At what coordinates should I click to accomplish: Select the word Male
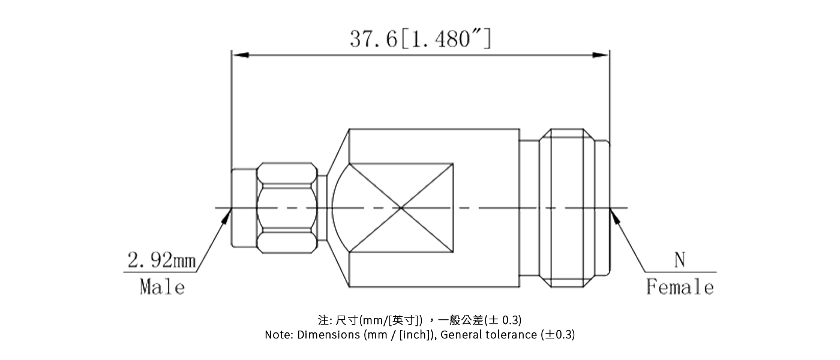(x=162, y=287)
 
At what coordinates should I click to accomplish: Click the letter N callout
(x=679, y=260)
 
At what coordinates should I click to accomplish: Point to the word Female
(x=680, y=287)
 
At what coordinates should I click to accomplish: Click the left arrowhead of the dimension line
(x=240, y=55)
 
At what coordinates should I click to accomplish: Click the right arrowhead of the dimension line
(x=601, y=55)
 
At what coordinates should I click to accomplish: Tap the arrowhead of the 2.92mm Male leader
(x=229, y=213)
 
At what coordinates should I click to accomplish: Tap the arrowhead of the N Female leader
(x=614, y=214)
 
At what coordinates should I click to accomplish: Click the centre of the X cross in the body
(x=401, y=208)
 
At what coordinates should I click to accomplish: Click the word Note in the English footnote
(x=278, y=335)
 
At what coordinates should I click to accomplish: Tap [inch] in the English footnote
(x=415, y=335)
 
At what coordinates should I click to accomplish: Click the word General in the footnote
(x=458, y=335)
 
